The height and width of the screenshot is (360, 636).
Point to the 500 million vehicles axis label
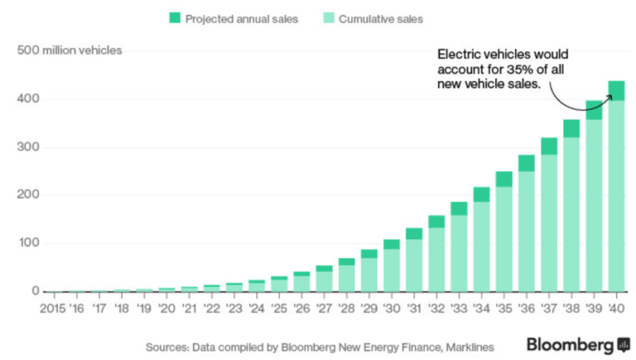[70, 50]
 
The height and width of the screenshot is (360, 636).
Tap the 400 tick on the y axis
[28, 99]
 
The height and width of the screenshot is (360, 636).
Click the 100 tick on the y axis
[28, 243]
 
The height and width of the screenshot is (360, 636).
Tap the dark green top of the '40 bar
[615, 90]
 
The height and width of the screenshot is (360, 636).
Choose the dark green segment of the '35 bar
[503, 179]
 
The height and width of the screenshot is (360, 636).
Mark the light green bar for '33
[459, 252]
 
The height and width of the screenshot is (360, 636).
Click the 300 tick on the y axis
[28, 147]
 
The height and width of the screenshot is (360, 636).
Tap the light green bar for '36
[526, 231]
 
